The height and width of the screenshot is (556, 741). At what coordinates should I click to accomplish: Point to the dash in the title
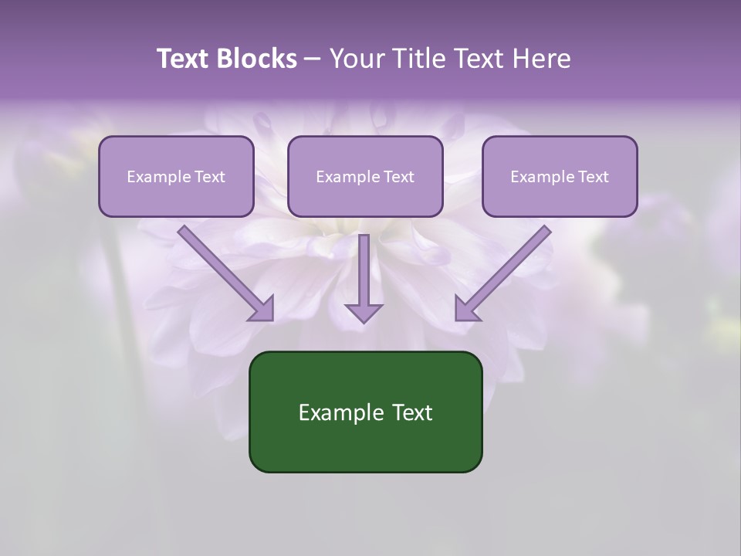[x=313, y=59]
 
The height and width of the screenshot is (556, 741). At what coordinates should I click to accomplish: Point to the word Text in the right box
[x=594, y=177]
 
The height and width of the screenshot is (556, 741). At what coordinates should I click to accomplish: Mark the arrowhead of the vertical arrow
[x=364, y=312]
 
